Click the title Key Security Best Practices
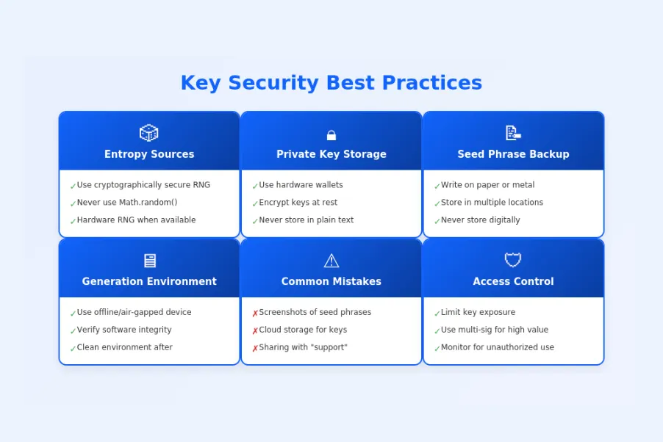[331, 83]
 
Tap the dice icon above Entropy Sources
[149, 133]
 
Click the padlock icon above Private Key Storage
[331, 135]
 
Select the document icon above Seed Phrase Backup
[513, 133]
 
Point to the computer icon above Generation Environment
[149, 261]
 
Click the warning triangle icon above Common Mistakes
[331, 261]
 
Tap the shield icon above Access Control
[513, 260]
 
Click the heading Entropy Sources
[149, 154]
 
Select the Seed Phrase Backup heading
[513, 154]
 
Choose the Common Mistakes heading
[331, 281]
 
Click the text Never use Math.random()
[127, 203]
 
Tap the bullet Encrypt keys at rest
[298, 203]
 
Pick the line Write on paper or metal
[487, 185]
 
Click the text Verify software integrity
[124, 330]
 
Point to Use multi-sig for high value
[494, 330]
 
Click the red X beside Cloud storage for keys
[255, 331]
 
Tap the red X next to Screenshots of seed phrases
[255, 314]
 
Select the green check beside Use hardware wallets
[255, 186]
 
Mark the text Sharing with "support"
[303, 347]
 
